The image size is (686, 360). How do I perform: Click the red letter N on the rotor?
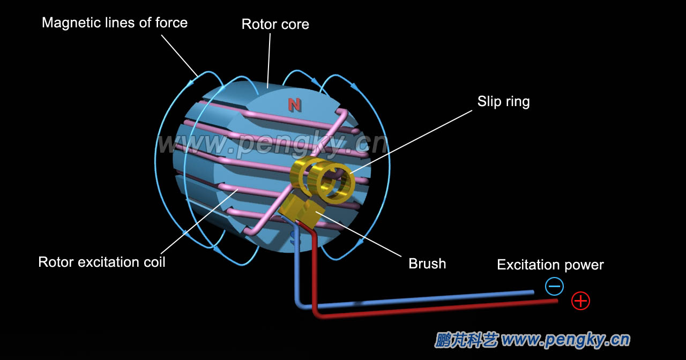294,104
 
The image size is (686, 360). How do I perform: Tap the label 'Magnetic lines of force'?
115,22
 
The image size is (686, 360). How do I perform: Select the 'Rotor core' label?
275,24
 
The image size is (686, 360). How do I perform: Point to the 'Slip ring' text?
503,101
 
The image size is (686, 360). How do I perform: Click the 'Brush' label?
427,264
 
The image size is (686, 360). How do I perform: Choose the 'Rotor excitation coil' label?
102,262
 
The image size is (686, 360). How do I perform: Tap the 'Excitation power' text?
550,265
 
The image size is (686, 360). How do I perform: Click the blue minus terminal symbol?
554,287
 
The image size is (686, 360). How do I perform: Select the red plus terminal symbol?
580,301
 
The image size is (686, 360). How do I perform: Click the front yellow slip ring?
335,182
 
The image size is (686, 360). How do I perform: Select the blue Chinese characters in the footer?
466,340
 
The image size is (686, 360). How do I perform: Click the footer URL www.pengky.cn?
565,340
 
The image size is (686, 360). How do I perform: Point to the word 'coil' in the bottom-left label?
153,262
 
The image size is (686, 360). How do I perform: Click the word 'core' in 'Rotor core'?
294,24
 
